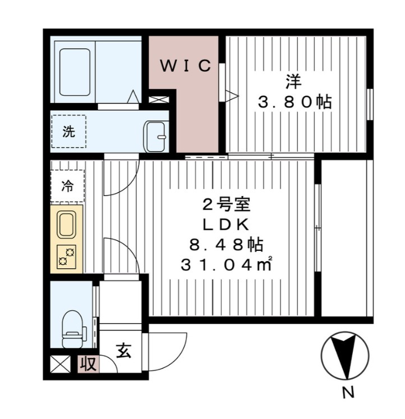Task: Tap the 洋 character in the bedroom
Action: (x=292, y=82)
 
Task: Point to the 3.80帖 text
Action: (x=294, y=103)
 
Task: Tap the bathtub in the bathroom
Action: (x=74, y=70)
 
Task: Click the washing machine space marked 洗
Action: (x=68, y=132)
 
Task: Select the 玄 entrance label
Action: (x=124, y=351)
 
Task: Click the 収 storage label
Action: (x=89, y=364)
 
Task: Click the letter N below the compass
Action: (x=348, y=393)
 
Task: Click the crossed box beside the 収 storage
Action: (x=59, y=364)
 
